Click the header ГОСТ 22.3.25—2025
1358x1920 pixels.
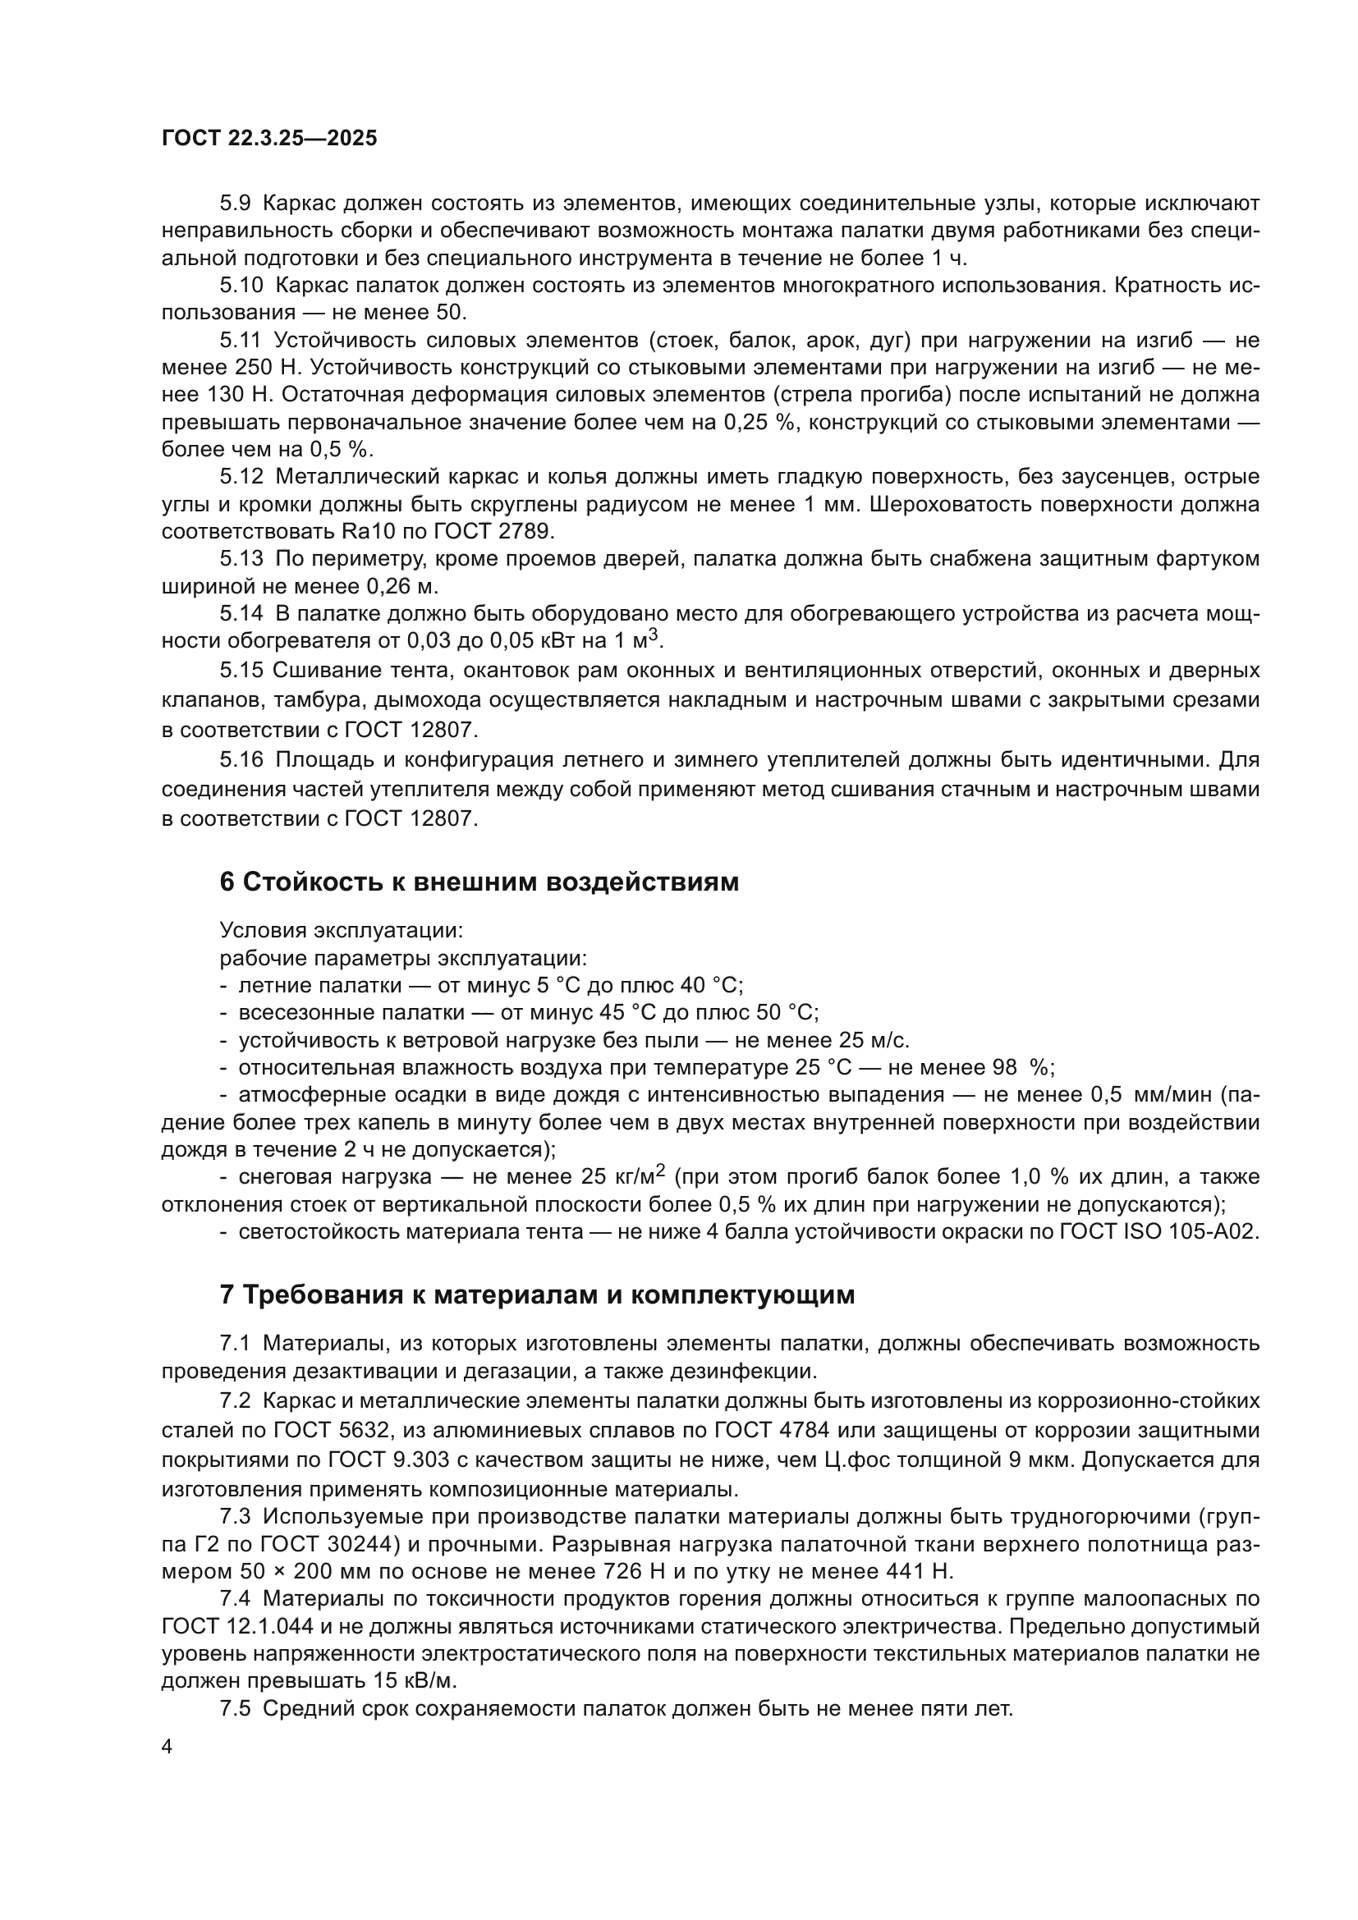[x=269, y=138]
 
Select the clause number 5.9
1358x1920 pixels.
[x=235, y=204]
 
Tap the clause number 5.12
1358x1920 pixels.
[x=241, y=477]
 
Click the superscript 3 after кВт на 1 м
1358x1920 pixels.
[x=654, y=635]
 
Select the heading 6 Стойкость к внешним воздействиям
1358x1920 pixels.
[x=479, y=882]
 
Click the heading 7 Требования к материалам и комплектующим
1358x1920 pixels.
[x=537, y=1295]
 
